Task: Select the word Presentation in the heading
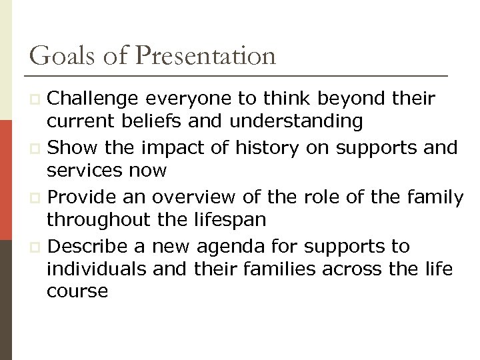point(205,55)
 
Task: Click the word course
point(77,291)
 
